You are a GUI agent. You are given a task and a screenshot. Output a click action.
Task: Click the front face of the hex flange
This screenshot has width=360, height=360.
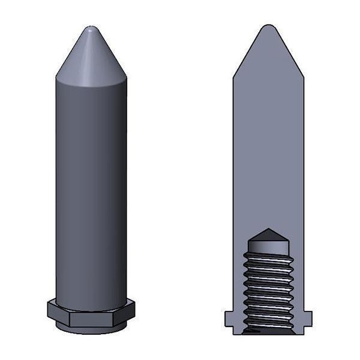(91, 312)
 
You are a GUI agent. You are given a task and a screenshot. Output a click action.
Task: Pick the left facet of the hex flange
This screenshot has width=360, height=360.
(58, 310)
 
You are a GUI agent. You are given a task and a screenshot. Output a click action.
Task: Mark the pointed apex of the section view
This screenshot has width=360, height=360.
(268, 27)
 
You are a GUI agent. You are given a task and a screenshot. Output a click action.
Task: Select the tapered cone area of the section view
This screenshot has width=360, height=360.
(268, 57)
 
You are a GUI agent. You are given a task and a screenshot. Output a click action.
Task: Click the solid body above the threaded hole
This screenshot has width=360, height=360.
(268, 150)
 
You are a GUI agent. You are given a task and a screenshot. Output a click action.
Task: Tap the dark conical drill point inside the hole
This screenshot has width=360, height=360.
(268, 233)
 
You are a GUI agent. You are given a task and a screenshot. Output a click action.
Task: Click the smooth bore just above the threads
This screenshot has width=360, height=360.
(268, 245)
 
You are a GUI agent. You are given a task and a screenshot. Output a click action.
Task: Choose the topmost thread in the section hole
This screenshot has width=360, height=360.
(268, 256)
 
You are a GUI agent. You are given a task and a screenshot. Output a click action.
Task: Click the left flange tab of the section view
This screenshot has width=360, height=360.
(229, 319)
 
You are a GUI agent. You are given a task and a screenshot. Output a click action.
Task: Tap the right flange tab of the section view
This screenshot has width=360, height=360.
(307, 319)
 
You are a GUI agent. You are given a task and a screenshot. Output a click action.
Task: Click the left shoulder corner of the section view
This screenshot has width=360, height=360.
(234, 78)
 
